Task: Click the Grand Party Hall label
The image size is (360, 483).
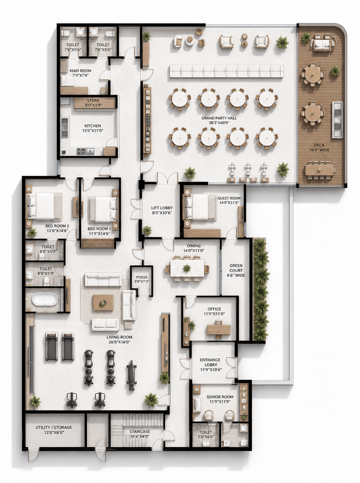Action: click(x=215, y=120)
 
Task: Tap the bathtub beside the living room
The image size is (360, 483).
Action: click(x=45, y=299)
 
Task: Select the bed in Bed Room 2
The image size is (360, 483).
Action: click(x=44, y=205)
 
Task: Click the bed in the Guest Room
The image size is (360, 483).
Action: click(x=200, y=207)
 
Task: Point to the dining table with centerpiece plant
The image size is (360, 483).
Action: click(x=187, y=268)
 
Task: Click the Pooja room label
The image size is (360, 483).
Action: click(x=142, y=279)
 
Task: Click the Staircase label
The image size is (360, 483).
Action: click(x=140, y=434)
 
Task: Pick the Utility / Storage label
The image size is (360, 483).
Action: click(x=54, y=430)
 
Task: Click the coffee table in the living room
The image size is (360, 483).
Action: click(x=103, y=302)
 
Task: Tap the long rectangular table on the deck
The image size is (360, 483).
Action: click(x=320, y=170)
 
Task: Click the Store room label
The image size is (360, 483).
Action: click(x=93, y=102)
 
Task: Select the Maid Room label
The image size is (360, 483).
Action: click(x=80, y=73)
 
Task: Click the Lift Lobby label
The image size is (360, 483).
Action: click(x=162, y=210)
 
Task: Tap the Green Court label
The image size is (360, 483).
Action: click(x=236, y=270)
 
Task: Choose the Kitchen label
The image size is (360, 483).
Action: click(x=93, y=128)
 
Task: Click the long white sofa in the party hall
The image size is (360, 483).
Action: click(x=226, y=71)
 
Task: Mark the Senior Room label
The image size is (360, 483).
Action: click(x=219, y=399)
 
